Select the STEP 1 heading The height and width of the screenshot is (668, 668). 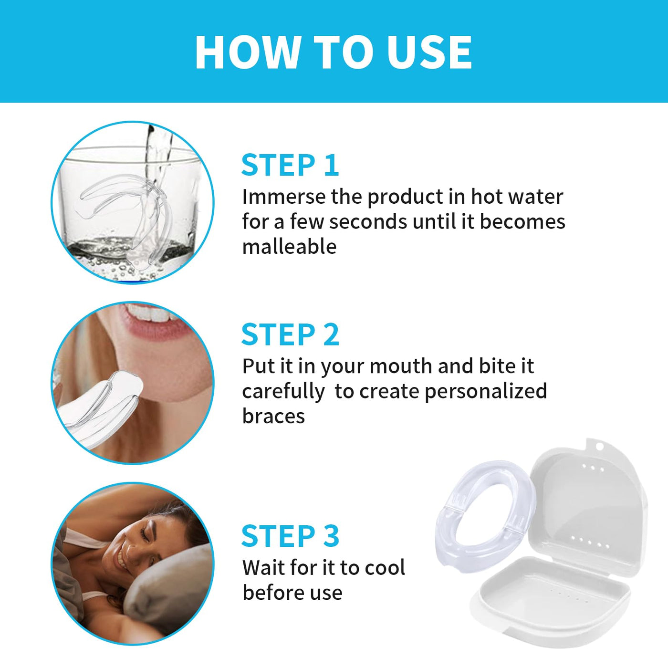point(290,166)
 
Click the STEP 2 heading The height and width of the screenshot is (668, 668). point(290,334)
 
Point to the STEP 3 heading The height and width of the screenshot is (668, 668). point(290,536)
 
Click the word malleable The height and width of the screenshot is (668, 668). point(289,247)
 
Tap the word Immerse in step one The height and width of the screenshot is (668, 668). point(283,197)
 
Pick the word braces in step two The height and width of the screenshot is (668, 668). point(273,416)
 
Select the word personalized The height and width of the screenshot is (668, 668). point(486,391)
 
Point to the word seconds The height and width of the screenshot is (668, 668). point(368,222)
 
